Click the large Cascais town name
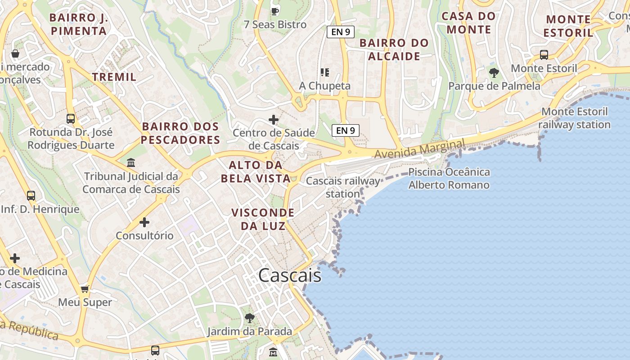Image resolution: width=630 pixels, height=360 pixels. [290, 275]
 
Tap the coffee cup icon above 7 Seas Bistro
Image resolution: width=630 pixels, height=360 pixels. [275, 11]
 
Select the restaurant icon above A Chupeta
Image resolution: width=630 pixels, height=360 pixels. [325, 72]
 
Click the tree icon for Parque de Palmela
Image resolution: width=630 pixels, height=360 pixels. [494, 72]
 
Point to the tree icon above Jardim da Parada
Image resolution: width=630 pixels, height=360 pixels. [250, 318]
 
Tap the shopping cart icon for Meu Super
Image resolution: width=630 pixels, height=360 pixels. [85, 289]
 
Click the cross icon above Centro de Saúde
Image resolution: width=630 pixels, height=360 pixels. [274, 120]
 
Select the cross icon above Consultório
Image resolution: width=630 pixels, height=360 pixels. [144, 222]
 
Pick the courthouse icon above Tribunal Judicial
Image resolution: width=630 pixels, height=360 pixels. [131, 162]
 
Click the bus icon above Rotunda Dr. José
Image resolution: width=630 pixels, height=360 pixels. [71, 119]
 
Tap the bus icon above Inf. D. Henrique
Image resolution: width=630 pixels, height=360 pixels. [31, 196]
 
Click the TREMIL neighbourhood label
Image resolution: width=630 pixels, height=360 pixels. [114, 77]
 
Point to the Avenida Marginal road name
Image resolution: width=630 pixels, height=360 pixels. [419, 149]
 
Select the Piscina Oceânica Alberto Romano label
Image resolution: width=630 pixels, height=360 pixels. [449, 179]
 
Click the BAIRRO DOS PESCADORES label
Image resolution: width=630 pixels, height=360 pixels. [180, 133]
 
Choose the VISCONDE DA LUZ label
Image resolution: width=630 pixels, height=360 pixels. [263, 219]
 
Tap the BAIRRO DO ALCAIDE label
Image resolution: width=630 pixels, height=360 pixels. [394, 49]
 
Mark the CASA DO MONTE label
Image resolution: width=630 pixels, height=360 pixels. [468, 23]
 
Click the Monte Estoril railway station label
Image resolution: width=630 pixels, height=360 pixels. [574, 118]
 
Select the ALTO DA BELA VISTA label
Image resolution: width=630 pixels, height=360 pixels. [256, 171]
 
